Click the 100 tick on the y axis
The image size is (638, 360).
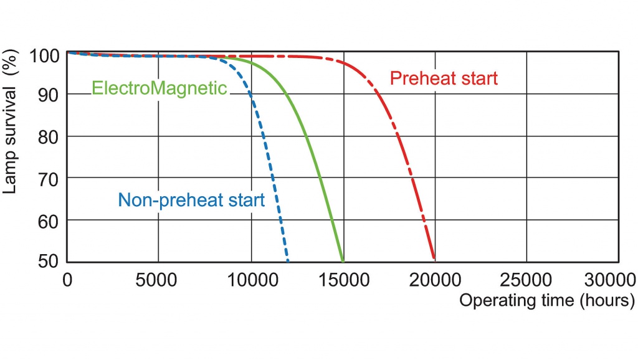(x=45, y=55)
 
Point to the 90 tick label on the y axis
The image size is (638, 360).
(x=49, y=96)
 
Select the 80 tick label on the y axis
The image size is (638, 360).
(x=49, y=138)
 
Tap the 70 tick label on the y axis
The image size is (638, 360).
(x=49, y=179)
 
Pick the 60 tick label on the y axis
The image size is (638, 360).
(x=49, y=222)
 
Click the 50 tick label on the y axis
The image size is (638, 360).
(x=49, y=261)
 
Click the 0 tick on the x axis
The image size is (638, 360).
(x=67, y=280)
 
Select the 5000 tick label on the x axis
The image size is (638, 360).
(x=156, y=280)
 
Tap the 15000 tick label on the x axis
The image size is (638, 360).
(x=344, y=280)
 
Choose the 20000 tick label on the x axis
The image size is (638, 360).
(x=435, y=280)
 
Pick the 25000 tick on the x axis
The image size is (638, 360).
(x=526, y=280)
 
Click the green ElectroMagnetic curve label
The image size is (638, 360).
(x=159, y=88)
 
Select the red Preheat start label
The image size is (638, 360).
(x=444, y=78)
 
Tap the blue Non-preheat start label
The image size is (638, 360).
(x=191, y=200)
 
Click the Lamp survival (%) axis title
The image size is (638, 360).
(x=10, y=121)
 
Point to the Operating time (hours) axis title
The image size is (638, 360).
(x=547, y=301)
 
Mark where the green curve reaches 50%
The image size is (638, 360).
(x=343, y=261)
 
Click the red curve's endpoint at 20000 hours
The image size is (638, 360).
(x=434, y=258)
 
